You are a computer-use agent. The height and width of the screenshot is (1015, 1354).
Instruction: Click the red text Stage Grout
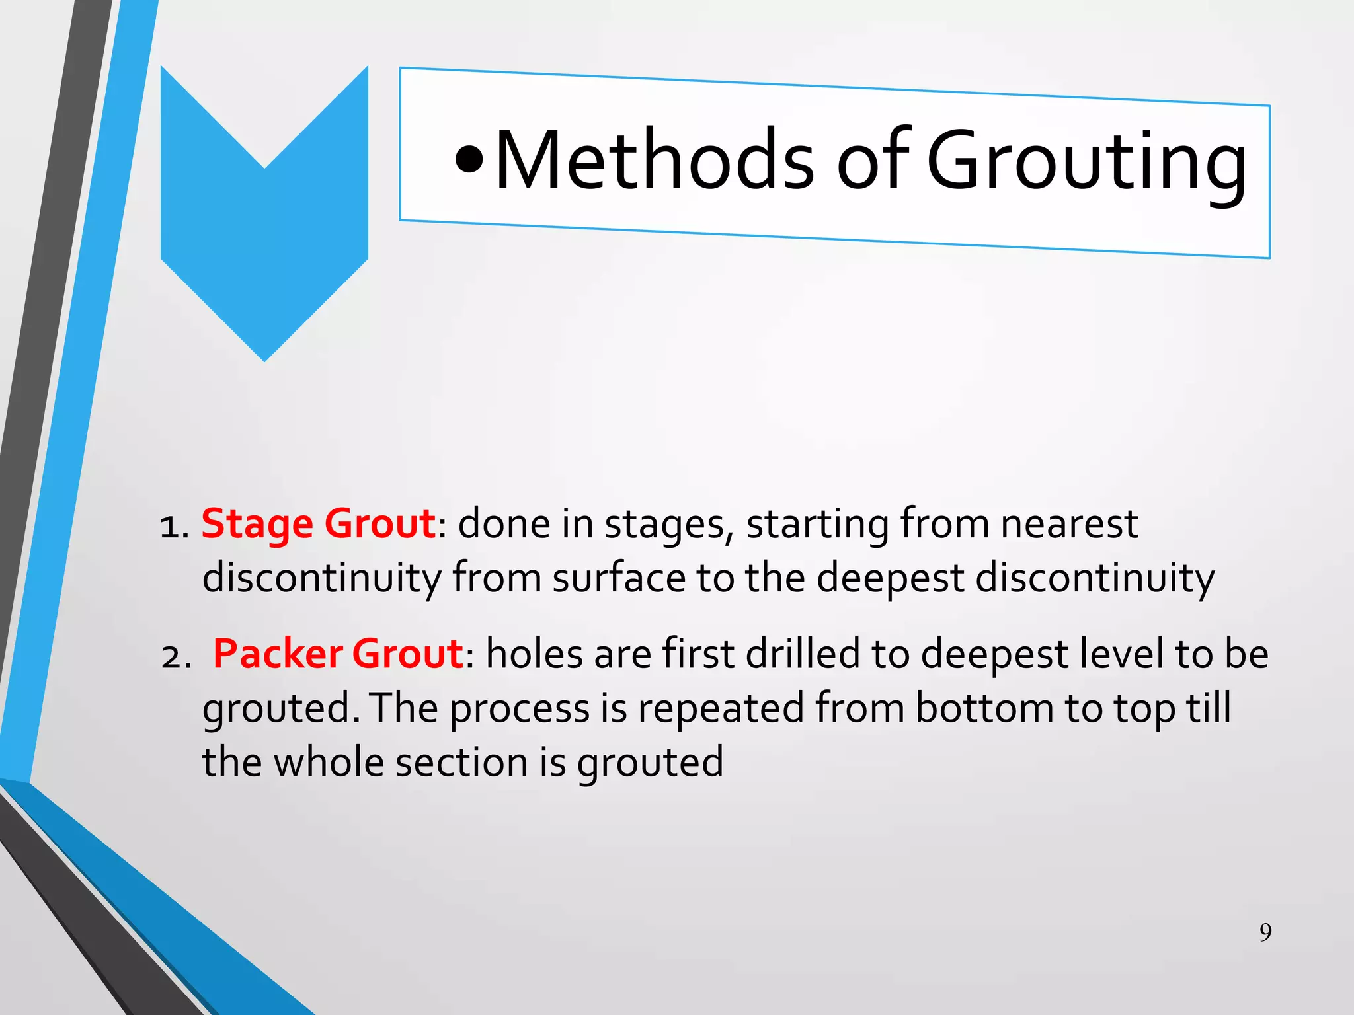[x=318, y=524]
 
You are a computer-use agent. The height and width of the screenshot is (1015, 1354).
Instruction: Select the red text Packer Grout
[x=338, y=654]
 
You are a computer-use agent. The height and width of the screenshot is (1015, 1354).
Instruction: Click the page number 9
[x=1265, y=932]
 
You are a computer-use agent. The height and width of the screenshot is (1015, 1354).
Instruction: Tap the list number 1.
[x=174, y=527]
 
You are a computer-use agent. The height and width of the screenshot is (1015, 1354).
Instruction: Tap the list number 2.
[x=175, y=657]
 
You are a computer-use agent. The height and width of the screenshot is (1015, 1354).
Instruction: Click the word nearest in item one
[x=1069, y=524]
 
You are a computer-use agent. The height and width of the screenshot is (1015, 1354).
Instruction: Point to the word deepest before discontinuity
[x=890, y=578]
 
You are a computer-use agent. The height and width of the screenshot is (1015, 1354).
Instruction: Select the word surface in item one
[x=619, y=578]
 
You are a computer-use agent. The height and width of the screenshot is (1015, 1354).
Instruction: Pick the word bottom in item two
[x=984, y=708]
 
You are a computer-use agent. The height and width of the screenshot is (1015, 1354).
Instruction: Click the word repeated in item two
[x=721, y=708]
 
